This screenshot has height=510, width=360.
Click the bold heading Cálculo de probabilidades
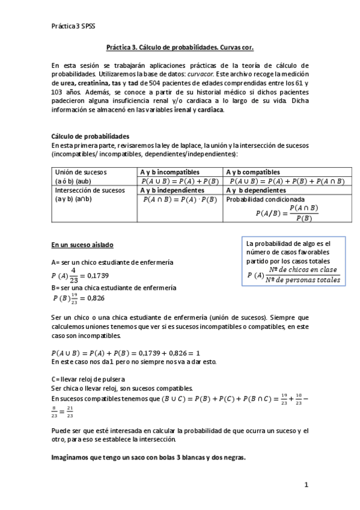pyautogui.click(x=90, y=137)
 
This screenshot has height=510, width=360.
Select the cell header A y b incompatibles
pyautogui.click(x=170, y=172)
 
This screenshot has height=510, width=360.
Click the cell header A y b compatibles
pyautogui.click(x=254, y=172)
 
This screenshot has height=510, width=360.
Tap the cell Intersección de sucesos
pyautogui.click(x=89, y=190)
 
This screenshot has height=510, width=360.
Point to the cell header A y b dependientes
pyautogui.click(x=256, y=190)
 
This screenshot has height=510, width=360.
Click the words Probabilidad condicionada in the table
pyautogui.click(x=266, y=199)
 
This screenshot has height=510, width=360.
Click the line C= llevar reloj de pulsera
pyautogui.click(x=88, y=379)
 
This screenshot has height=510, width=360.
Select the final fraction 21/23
pyautogui.click(x=71, y=414)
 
